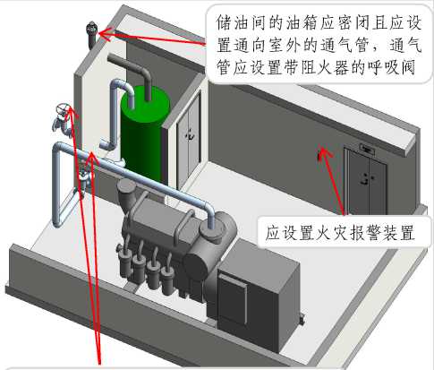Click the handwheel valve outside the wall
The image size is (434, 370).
(x=63, y=119)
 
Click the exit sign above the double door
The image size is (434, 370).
(x=367, y=149)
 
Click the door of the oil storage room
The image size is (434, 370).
(x=189, y=141)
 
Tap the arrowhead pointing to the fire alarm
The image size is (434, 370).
(x=326, y=151)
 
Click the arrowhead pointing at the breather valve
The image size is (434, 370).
(x=105, y=33)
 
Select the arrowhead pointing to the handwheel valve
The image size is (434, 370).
(x=71, y=110)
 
